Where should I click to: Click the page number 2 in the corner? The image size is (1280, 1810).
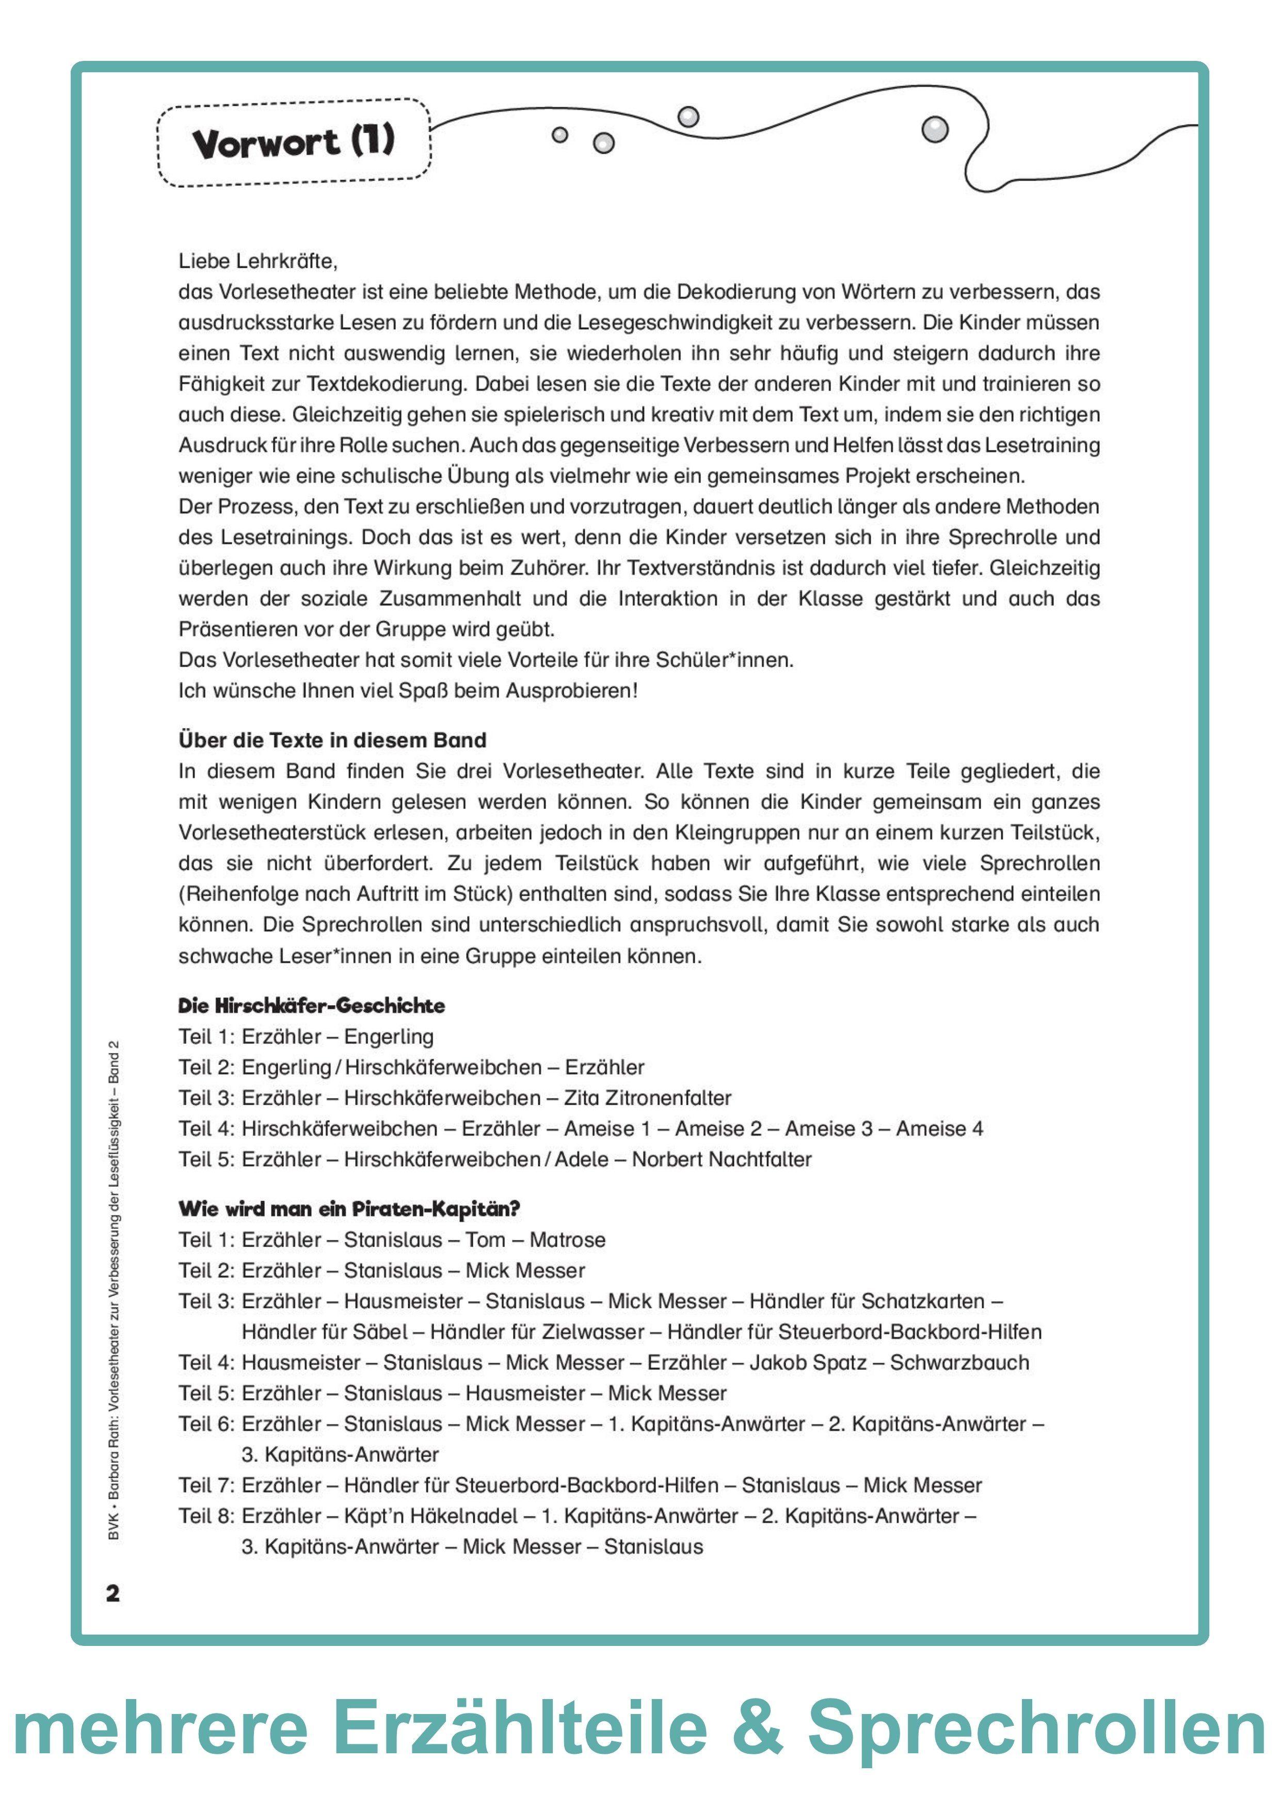coord(113,1593)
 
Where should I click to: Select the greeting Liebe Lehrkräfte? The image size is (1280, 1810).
coord(258,261)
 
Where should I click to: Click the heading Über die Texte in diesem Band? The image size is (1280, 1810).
coord(332,740)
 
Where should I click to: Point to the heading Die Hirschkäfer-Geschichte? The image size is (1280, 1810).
coord(312,1006)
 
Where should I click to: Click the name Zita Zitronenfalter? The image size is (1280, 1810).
coord(648,1097)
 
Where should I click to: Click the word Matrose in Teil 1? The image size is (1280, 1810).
coord(567,1239)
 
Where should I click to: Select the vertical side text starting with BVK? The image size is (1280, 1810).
coord(115,1293)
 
